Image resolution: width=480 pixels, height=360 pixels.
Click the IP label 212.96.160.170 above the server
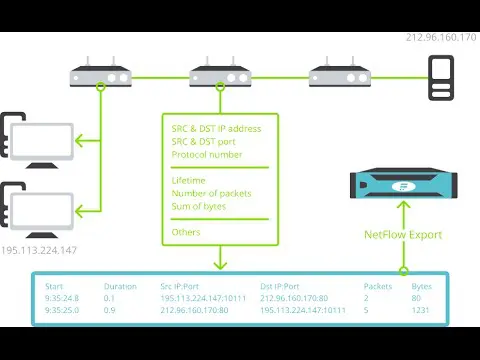[x=441, y=37]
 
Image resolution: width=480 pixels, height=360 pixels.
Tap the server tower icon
[x=441, y=78]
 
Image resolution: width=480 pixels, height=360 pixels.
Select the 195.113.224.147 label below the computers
[x=39, y=250]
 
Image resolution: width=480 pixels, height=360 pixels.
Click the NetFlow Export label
[x=403, y=235]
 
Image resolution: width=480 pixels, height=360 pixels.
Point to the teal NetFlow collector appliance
[x=404, y=183]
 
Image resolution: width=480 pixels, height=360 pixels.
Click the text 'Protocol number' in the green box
[x=207, y=155]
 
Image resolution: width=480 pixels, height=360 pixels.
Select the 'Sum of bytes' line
[x=199, y=206]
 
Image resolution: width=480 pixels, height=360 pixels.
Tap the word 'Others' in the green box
[x=186, y=232]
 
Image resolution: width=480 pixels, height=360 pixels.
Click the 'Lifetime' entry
[x=188, y=180]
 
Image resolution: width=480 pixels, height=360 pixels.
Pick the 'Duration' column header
[x=120, y=286]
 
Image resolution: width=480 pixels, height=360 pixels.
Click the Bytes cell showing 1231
[x=420, y=310]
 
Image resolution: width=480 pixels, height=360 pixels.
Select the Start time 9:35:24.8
[x=62, y=298]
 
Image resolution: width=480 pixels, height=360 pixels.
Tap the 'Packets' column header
[x=378, y=286]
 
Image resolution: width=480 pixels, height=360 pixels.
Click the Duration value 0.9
[x=109, y=310]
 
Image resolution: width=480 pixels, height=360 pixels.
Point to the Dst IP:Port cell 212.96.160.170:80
[x=294, y=298]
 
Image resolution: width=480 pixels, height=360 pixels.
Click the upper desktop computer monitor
[x=42, y=143]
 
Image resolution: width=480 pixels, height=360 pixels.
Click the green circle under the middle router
[x=220, y=87]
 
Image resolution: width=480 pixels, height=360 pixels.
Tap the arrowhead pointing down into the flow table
[x=220, y=265]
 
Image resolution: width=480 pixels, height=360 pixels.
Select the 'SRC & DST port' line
[x=203, y=142]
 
